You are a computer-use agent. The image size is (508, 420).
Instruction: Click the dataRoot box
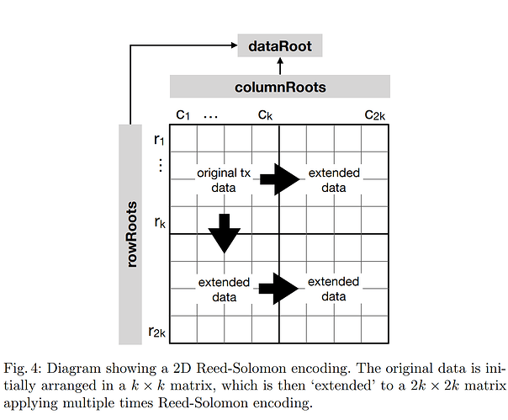[280, 45]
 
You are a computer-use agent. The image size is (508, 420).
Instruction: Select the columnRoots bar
[280, 86]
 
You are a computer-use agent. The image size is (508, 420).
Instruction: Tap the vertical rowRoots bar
[130, 234]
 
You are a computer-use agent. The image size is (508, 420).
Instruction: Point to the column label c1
[183, 114]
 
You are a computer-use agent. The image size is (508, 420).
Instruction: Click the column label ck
[265, 114]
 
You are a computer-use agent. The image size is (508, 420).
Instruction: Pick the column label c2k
[375, 114]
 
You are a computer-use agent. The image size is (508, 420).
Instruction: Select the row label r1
[159, 140]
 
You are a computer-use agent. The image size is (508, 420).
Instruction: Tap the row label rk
[160, 222]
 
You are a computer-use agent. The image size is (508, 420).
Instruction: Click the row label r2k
[156, 332]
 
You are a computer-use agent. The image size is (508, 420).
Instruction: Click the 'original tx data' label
[224, 180]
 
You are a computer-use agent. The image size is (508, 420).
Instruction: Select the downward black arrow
[225, 233]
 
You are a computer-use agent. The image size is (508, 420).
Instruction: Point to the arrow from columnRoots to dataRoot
[280, 66]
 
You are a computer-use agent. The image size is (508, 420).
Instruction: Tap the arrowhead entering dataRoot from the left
[235, 45]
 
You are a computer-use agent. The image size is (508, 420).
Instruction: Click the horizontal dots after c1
[210, 117]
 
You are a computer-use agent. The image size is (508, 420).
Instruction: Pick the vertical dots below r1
[160, 165]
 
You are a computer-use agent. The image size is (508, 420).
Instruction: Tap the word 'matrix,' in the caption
[192, 385]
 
